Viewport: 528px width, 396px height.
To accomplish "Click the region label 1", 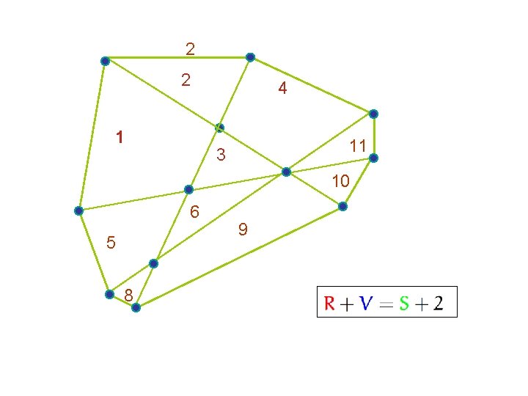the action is tap(120, 136).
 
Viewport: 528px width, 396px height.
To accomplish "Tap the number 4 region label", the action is tap(282, 89).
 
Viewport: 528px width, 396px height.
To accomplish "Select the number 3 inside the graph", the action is tap(221, 156).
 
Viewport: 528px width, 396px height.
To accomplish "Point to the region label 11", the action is tap(358, 146).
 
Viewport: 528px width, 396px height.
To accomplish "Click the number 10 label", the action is tap(340, 181).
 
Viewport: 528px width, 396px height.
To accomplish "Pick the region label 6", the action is tap(194, 213).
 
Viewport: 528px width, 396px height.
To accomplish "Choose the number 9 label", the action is tap(243, 230).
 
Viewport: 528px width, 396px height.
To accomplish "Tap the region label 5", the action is tap(111, 242).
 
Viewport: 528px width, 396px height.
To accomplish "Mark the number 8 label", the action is tap(128, 295).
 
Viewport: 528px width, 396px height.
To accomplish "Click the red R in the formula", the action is tap(331, 303).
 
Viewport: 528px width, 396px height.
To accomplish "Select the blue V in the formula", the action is tap(364, 303).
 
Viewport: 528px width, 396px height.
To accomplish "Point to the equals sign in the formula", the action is tap(385, 303).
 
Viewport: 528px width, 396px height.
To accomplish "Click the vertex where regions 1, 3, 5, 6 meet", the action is tap(188, 190).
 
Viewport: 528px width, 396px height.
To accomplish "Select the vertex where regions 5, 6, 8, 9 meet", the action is tap(153, 263).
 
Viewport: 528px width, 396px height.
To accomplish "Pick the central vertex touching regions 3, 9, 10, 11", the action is tap(286, 172).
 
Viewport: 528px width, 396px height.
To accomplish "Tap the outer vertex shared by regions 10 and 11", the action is tap(373, 158).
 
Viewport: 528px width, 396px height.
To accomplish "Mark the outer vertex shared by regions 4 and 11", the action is tap(373, 114).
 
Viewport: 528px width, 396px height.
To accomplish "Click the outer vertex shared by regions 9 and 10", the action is tap(342, 207).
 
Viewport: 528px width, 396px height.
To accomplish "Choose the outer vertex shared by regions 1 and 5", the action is tap(78, 210).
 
